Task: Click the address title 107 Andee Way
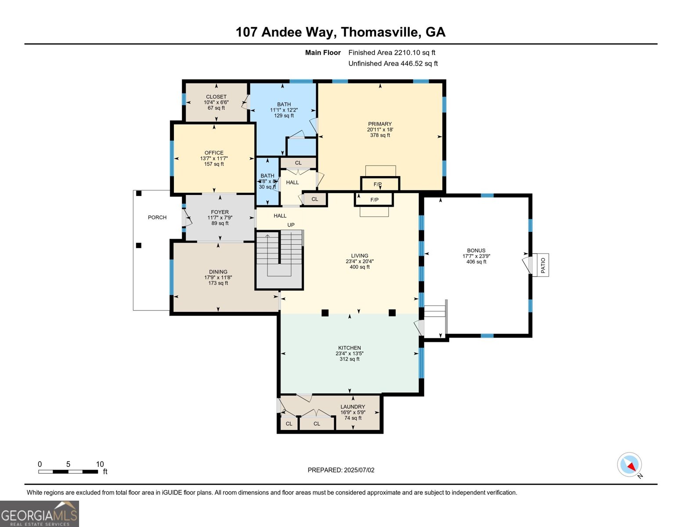click(340, 32)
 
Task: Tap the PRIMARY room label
click(380, 124)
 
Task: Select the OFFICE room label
click(214, 153)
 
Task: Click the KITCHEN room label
click(350, 348)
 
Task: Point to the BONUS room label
click(476, 250)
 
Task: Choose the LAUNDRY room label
click(353, 407)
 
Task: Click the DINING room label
click(218, 272)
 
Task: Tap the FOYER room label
click(220, 212)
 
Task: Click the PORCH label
click(157, 217)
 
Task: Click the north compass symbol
click(630, 465)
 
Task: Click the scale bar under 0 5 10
click(68, 472)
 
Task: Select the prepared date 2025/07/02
click(341, 470)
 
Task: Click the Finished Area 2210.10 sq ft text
click(392, 53)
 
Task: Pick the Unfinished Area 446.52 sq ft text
click(393, 64)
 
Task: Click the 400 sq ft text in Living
click(360, 267)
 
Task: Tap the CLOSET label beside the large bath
click(216, 97)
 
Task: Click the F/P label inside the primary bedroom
click(378, 184)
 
